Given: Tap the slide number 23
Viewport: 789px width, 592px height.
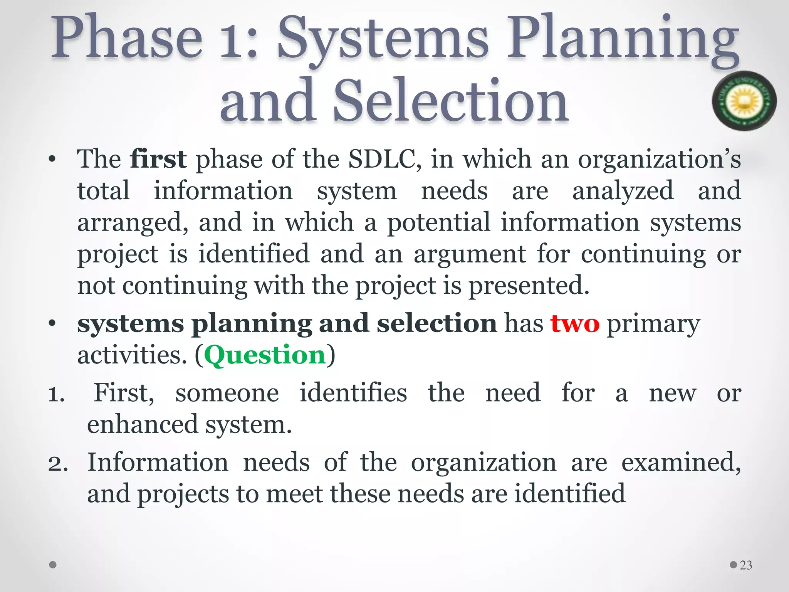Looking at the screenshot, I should coord(746,565).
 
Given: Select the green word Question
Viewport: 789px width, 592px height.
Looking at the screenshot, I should coord(265,355).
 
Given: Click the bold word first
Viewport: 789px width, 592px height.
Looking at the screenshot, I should coord(158,159).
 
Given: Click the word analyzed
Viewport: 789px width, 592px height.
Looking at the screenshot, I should coord(623,191).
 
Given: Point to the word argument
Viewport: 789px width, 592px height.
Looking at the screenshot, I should coord(470,254).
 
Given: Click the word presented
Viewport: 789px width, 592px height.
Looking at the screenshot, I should coord(529,286).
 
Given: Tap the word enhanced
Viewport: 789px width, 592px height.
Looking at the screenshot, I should coord(142,425).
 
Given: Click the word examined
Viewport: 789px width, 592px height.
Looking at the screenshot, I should coord(681,463).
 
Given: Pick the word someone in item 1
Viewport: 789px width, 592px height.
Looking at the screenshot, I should coord(227,394).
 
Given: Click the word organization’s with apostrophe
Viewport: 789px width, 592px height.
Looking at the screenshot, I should coord(659,159).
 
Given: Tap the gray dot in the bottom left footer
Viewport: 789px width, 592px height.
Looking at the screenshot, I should coord(53,565).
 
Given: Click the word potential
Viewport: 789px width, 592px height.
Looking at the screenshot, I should coord(438,223).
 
